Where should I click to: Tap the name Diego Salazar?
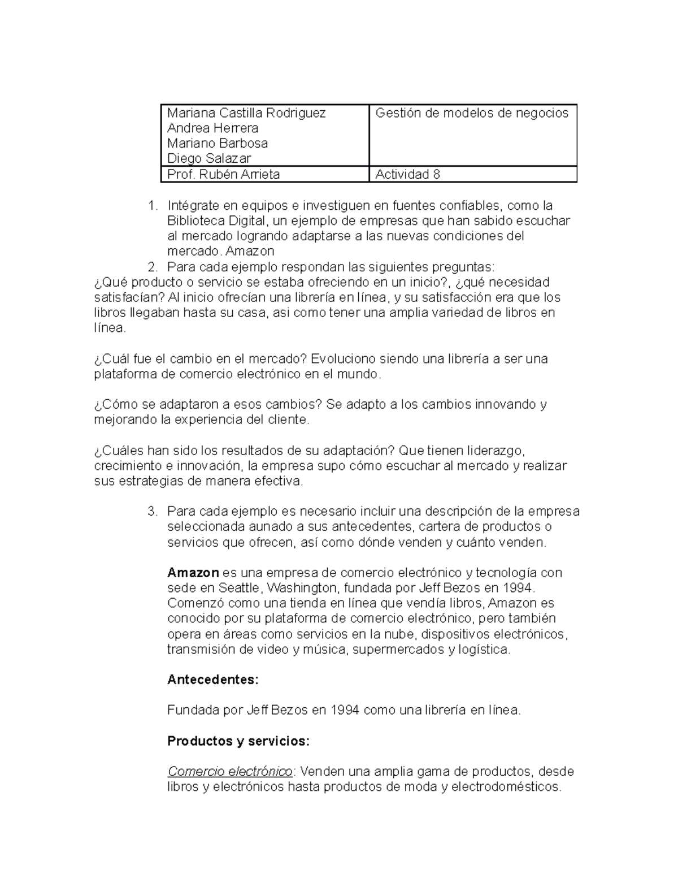pos(209,159)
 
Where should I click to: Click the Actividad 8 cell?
pos(408,175)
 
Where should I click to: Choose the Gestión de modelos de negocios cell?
pos(472,113)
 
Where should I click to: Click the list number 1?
pos(151,205)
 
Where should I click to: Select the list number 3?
pos(151,512)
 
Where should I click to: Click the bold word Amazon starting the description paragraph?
pos(193,573)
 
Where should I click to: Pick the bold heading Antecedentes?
pos(212,680)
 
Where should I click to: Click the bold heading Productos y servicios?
pos(238,741)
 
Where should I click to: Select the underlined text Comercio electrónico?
pos(230,772)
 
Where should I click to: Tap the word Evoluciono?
pos(343,359)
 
